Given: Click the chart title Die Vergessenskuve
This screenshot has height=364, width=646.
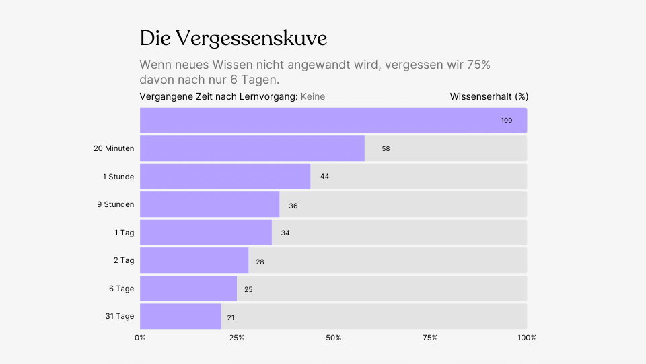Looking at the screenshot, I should [x=234, y=38].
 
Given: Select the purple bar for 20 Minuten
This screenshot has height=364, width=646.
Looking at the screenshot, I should [x=252, y=148].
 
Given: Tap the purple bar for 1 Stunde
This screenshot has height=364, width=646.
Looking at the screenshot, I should [x=225, y=177].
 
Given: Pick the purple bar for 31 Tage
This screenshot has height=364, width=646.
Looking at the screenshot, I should [x=180, y=317].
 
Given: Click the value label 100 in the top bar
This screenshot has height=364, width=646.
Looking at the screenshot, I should [x=506, y=121].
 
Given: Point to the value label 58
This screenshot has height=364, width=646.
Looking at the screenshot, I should [x=386, y=149].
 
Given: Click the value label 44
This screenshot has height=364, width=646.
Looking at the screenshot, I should [x=324, y=177].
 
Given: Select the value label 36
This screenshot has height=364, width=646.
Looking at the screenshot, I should [x=293, y=206].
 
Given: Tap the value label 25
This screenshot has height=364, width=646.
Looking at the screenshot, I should [x=248, y=289].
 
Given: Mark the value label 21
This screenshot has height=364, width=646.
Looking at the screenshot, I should [x=231, y=317].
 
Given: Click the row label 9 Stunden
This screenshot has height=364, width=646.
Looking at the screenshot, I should [x=115, y=204].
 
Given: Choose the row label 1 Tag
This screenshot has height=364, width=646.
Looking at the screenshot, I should [x=124, y=233].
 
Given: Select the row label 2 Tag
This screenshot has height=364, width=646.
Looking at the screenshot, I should [x=124, y=260].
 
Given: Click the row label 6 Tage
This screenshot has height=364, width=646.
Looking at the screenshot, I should [x=121, y=289].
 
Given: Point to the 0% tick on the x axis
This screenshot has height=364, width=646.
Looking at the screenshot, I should [x=140, y=338].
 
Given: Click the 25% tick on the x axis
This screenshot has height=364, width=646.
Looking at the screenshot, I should [x=237, y=338].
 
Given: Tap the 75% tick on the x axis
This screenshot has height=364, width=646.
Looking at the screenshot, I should [x=430, y=338].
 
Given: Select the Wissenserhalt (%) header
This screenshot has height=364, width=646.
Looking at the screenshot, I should [x=489, y=97].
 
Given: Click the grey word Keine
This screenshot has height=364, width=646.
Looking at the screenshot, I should [x=313, y=97].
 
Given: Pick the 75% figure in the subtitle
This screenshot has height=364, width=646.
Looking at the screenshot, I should [x=477, y=65].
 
